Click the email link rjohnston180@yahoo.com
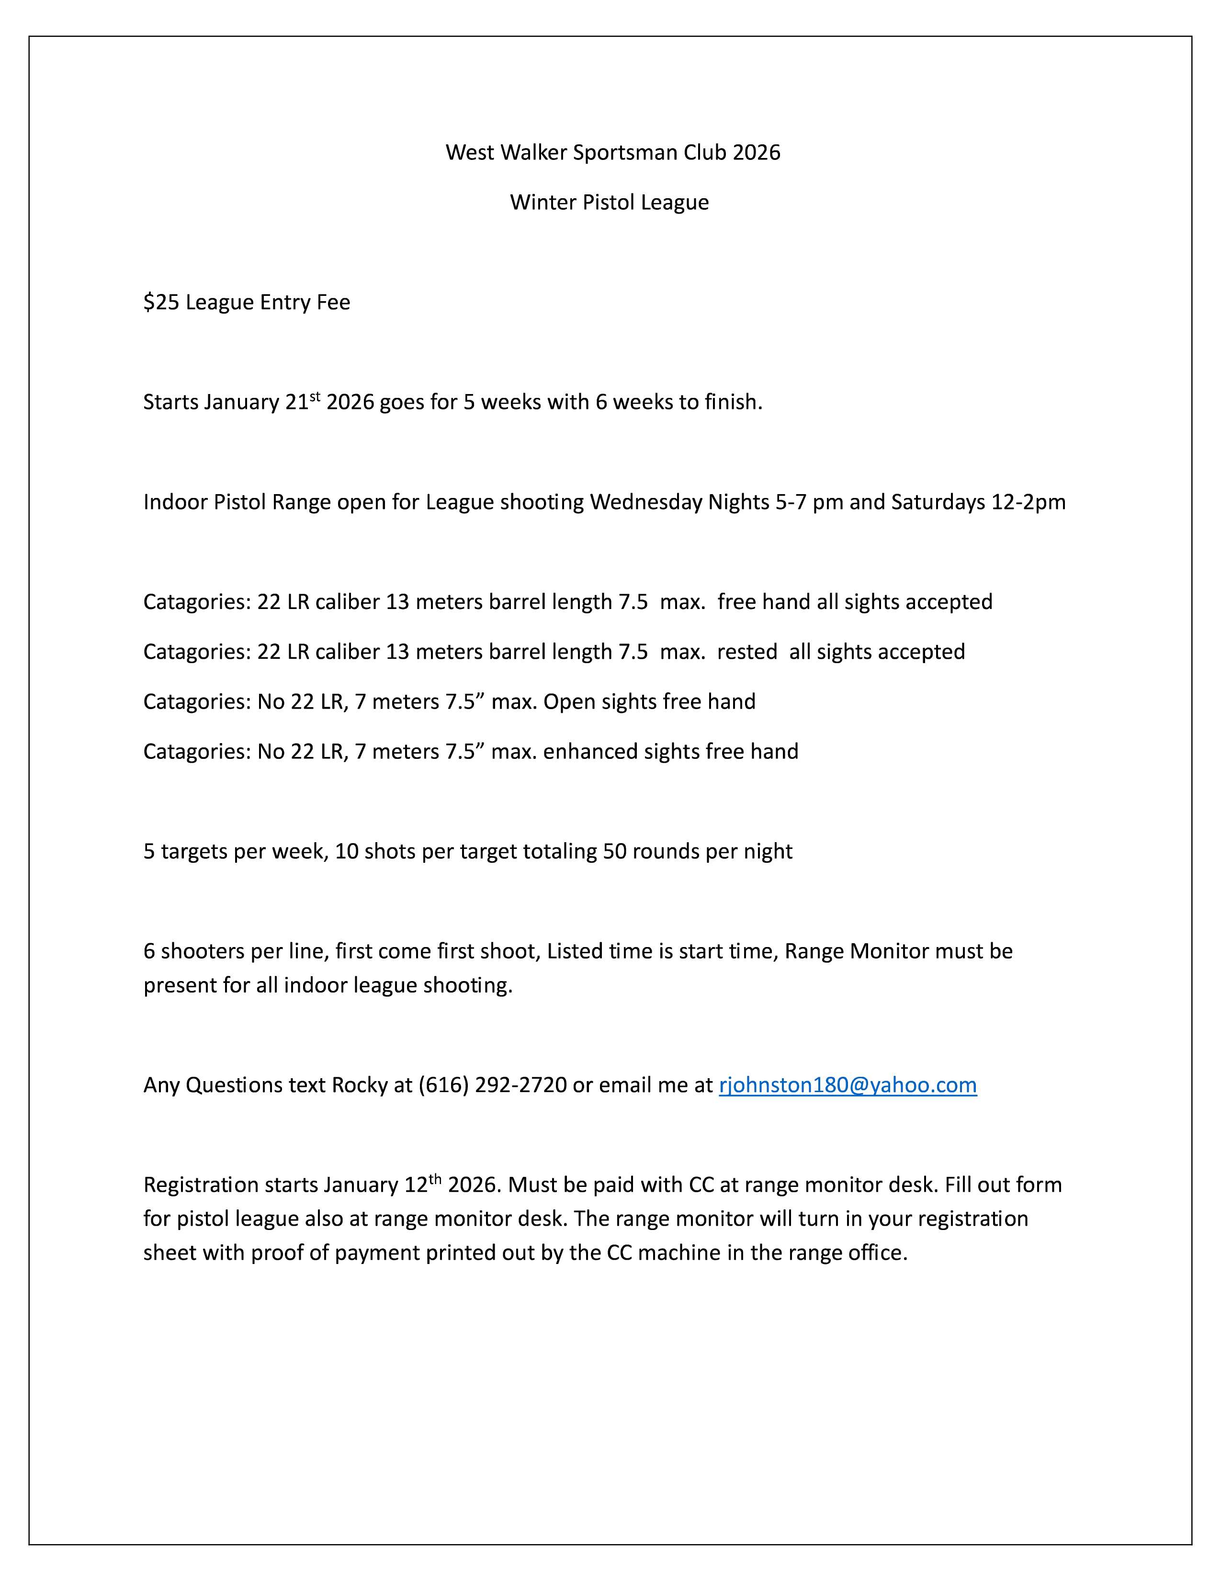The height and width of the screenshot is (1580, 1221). (x=847, y=1085)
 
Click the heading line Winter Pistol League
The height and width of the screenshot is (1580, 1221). (x=609, y=202)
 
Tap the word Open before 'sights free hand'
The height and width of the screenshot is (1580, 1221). (x=566, y=702)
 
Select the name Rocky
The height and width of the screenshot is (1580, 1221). (x=360, y=1085)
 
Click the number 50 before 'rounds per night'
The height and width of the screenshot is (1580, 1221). (x=615, y=851)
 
